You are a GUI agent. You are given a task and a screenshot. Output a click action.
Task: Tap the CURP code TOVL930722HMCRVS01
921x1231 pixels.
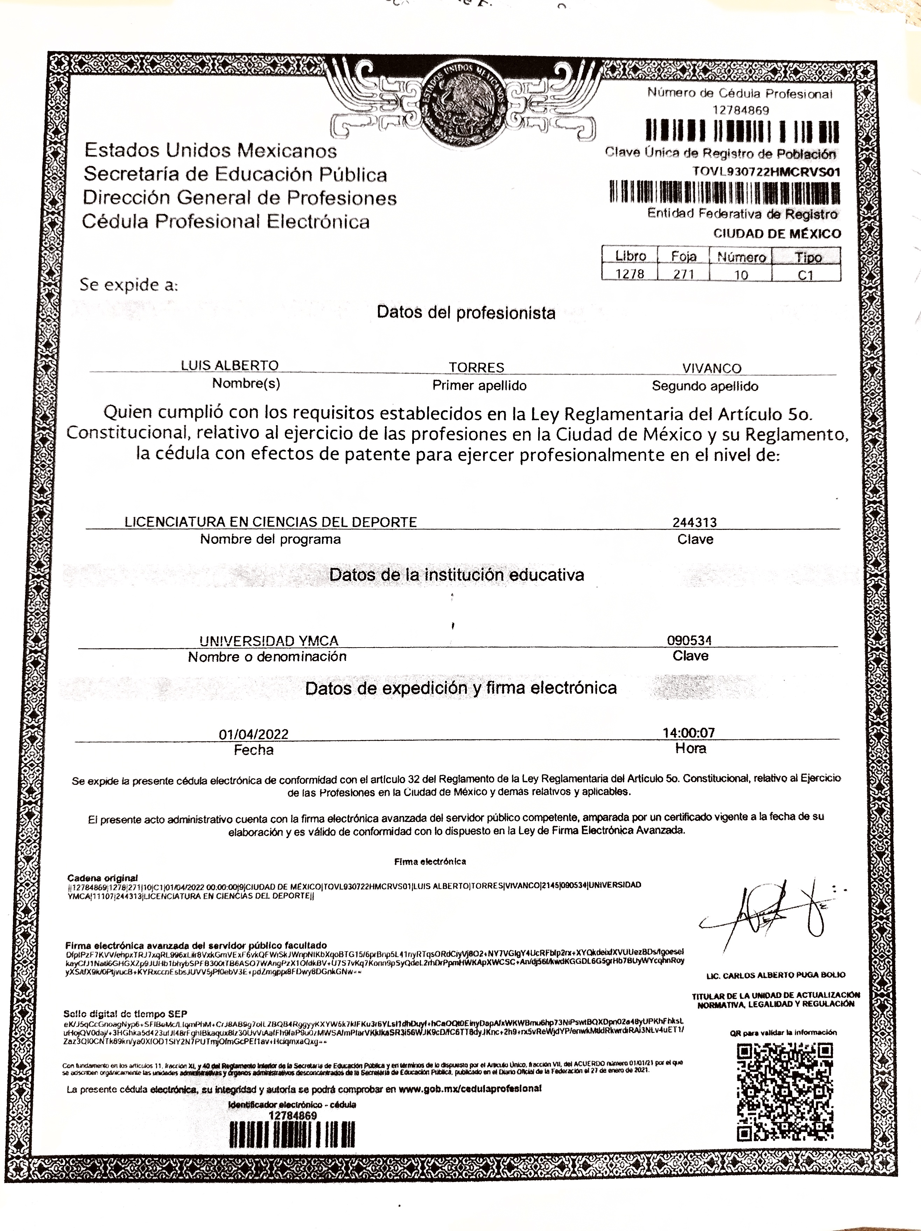point(766,172)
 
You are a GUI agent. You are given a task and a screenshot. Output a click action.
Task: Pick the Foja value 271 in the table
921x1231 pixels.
point(683,274)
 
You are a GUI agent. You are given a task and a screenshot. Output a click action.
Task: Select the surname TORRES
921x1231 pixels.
point(477,367)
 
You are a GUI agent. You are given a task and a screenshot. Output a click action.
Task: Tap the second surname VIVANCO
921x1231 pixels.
point(711,368)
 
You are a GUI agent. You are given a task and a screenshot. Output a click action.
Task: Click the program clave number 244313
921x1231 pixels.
point(694,522)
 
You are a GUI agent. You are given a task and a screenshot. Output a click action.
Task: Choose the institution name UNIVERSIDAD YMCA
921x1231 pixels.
point(269,641)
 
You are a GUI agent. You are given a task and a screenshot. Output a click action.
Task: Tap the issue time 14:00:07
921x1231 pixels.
point(689,732)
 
